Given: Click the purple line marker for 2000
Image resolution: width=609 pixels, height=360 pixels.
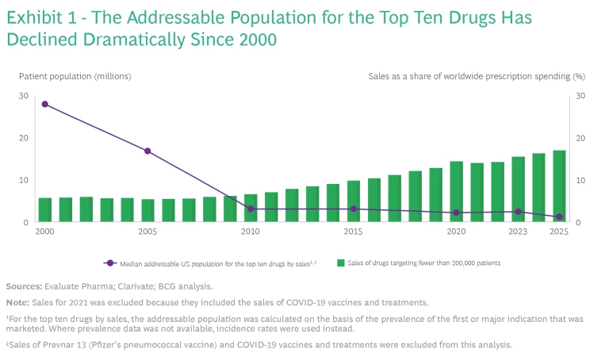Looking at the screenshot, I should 44,104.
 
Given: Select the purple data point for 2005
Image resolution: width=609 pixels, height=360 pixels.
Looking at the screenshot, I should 147,151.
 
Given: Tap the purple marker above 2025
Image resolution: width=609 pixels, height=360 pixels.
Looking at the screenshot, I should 559,217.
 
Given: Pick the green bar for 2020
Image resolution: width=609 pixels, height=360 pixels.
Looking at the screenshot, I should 456,192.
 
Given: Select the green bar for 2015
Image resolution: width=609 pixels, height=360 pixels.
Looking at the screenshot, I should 353,201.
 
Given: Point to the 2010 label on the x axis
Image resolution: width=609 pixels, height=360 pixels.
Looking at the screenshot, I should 250,232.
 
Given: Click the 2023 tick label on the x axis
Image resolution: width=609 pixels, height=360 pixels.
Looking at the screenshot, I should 518,232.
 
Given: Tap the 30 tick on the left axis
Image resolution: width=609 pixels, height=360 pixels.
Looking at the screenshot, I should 24,96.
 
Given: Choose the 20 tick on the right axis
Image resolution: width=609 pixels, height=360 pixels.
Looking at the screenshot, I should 582,138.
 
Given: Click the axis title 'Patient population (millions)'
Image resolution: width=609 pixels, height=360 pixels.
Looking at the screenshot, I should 75,76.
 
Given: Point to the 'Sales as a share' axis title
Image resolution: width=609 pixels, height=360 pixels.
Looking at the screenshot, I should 477,76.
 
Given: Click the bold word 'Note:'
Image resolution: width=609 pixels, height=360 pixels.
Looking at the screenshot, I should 18,302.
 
